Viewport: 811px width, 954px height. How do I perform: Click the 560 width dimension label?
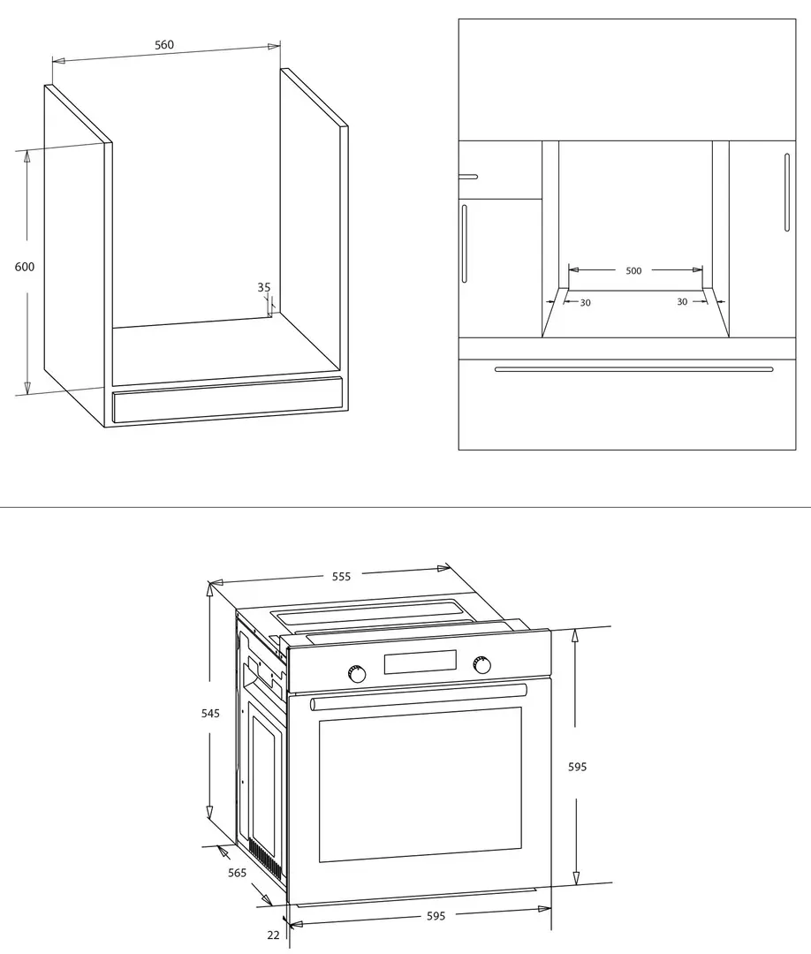tap(164, 44)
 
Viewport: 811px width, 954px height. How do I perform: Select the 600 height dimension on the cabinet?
tap(25, 267)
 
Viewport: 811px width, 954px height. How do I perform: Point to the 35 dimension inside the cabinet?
tap(264, 287)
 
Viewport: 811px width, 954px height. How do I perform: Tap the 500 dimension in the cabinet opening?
tap(633, 271)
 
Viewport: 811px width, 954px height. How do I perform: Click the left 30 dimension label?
tap(586, 302)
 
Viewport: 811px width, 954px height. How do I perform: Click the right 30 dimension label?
tap(682, 302)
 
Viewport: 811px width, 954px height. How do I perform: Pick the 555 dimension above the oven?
tap(341, 576)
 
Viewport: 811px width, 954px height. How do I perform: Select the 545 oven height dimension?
tap(210, 713)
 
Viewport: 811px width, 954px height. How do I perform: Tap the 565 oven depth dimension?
tap(238, 873)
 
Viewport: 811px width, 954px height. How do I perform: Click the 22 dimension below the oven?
tap(273, 935)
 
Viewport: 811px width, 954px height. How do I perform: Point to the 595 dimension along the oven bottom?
tap(436, 916)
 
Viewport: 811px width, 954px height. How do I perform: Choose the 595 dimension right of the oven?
tap(578, 768)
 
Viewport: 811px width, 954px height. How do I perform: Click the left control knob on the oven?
tap(357, 674)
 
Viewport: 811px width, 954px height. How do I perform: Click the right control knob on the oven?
tap(482, 665)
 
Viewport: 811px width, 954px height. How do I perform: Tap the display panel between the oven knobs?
tap(420, 662)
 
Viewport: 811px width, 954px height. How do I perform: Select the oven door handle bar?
tap(419, 697)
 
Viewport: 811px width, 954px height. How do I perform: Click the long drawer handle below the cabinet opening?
tap(634, 368)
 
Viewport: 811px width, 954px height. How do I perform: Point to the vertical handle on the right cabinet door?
tap(786, 193)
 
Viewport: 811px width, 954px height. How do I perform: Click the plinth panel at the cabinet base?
tap(228, 400)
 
